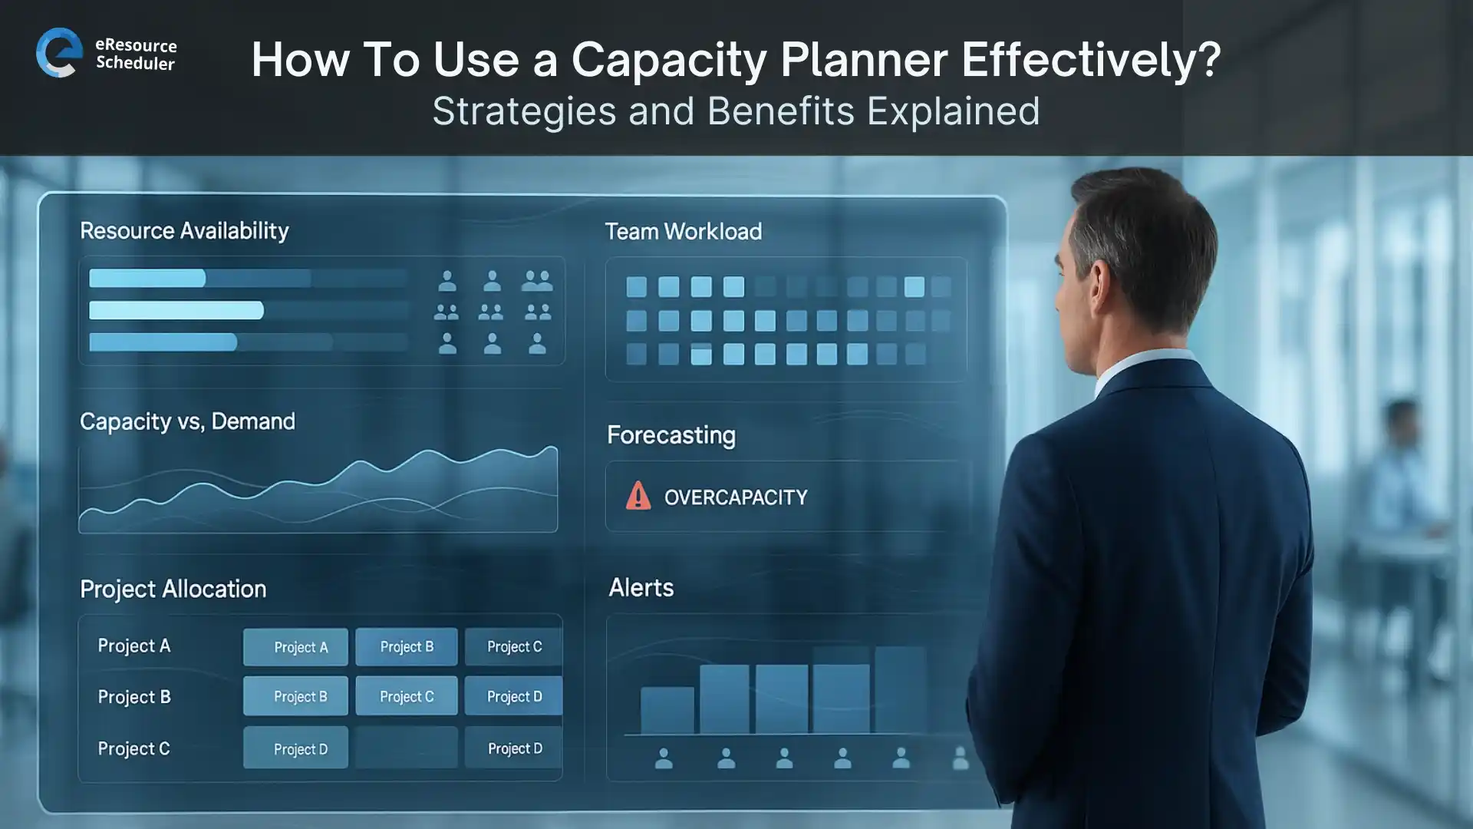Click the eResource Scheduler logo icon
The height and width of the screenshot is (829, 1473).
(x=59, y=52)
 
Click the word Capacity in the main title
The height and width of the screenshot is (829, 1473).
(x=668, y=60)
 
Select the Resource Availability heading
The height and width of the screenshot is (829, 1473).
(x=184, y=231)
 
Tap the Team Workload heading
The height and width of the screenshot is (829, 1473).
(x=683, y=232)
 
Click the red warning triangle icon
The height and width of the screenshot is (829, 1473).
(x=638, y=497)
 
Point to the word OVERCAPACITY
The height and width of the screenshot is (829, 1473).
(x=735, y=498)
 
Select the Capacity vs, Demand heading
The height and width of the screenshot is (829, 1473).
(x=187, y=421)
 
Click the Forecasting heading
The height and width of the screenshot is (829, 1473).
(x=671, y=435)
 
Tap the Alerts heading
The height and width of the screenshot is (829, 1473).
(x=641, y=588)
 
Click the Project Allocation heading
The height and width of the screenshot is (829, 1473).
(x=173, y=590)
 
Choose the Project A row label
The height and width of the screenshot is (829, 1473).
(x=133, y=646)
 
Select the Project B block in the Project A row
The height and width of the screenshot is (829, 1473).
(x=407, y=647)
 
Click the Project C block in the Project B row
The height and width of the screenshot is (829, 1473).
(x=407, y=697)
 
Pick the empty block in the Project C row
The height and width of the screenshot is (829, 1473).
(x=407, y=748)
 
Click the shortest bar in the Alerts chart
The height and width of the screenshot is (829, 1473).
(x=667, y=710)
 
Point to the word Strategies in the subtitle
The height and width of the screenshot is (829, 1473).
(x=523, y=111)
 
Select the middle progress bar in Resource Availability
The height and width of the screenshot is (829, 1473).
(x=176, y=310)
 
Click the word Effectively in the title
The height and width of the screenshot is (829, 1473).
(x=1090, y=60)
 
